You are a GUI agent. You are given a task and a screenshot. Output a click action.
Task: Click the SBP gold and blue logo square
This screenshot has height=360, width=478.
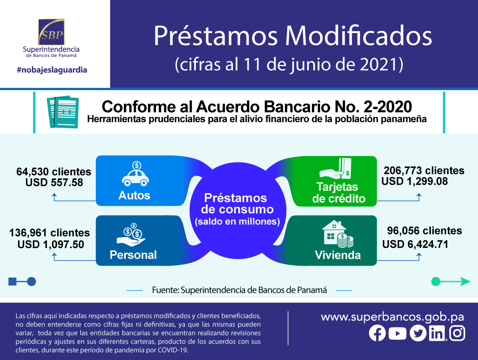51,32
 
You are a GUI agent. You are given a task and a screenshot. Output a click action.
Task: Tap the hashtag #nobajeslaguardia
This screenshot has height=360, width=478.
52,70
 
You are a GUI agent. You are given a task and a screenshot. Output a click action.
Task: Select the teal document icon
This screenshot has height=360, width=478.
63,112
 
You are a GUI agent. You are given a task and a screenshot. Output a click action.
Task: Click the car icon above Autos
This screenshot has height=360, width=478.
135,174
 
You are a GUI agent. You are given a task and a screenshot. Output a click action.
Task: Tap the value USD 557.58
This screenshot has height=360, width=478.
54,182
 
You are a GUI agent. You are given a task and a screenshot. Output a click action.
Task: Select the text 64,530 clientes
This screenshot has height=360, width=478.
54,172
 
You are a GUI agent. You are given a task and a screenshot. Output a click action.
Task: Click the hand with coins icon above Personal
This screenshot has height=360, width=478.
131,235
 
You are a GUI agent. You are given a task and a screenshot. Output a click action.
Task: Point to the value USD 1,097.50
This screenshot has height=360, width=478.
51,244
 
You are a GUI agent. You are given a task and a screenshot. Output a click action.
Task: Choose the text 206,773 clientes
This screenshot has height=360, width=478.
424,170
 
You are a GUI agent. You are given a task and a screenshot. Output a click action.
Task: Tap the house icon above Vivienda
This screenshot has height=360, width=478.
338,234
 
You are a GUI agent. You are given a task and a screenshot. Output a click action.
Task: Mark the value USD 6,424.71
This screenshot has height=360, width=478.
415,244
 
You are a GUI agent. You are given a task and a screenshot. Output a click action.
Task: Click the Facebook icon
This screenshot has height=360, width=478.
377,333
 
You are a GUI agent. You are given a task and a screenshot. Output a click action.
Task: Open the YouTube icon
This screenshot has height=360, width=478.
398,333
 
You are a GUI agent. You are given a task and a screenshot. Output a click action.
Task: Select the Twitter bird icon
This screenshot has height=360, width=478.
418,333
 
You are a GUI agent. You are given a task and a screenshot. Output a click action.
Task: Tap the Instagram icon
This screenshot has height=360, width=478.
457,333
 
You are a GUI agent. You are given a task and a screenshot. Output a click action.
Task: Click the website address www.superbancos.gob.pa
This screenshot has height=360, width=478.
392,317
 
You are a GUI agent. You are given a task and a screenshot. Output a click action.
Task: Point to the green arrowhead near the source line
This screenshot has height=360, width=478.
465,282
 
